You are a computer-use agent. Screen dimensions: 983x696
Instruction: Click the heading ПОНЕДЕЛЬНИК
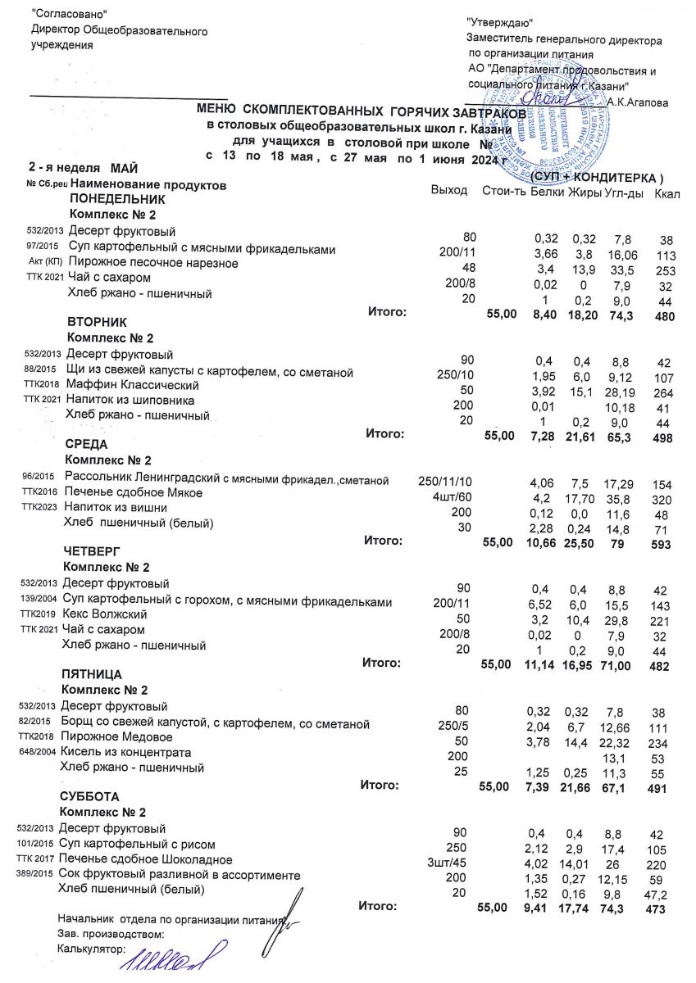click(118, 199)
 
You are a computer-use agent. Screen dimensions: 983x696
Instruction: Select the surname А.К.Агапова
click(639, 102)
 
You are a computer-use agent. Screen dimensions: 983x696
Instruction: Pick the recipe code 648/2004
click(38, 752)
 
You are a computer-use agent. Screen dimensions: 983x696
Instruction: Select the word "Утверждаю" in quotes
click(499, 23)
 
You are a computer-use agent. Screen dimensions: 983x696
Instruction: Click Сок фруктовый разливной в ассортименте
click(166, 875)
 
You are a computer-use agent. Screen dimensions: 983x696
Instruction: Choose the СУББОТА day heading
click(89, 796)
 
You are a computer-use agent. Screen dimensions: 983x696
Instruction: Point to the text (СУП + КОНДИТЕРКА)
click(596, 178)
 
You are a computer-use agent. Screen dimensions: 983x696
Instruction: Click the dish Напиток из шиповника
click(130, 401)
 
